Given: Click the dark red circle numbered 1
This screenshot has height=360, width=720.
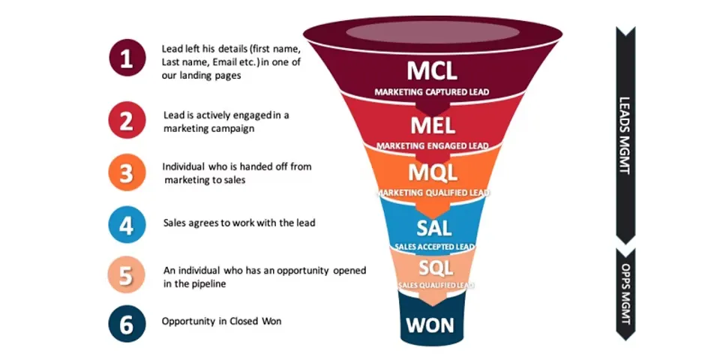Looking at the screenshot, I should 126,60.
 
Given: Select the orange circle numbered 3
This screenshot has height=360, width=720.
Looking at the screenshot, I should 126,173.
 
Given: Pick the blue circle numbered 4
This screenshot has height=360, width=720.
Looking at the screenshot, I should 126,224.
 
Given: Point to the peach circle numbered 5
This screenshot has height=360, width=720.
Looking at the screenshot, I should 126,275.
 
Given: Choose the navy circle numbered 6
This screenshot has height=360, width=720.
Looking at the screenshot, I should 126,324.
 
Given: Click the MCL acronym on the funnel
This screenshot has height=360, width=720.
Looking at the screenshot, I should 432,71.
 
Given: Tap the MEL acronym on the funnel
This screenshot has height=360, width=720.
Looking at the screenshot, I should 432,125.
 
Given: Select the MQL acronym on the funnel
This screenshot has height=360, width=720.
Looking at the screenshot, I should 432,172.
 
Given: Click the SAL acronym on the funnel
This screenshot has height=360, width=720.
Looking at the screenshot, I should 432,226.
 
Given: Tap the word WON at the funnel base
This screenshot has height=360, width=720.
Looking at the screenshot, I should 432,325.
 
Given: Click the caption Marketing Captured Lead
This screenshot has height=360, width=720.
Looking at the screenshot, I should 432,92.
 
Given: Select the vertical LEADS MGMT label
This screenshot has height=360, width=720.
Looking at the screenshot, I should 625,135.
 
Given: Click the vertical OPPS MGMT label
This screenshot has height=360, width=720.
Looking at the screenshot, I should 625,293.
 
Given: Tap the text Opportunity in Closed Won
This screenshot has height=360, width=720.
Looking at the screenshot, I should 221,322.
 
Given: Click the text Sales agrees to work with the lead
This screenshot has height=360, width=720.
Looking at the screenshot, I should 239,223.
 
